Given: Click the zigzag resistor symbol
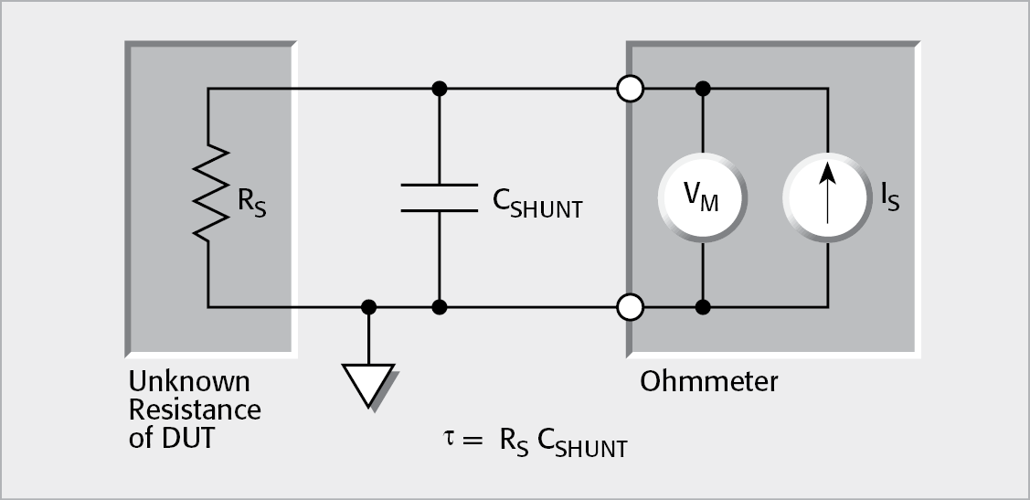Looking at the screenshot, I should point(209,193).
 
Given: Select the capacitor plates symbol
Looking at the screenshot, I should point(439,197).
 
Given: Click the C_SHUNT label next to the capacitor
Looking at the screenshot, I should point(536,205).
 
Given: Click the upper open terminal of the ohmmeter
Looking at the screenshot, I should point(631,89).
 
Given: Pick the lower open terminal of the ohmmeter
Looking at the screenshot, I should point(631,307).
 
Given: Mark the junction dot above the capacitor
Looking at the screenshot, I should point(439,89).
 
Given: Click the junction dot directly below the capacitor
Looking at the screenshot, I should point(439,307).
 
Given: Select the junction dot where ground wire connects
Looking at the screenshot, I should point(368,307).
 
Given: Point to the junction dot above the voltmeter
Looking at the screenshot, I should point(702,89).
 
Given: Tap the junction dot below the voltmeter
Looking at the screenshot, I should point(702,307).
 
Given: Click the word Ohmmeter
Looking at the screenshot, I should point(708,380).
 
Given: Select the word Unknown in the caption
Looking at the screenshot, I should point(188,380).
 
